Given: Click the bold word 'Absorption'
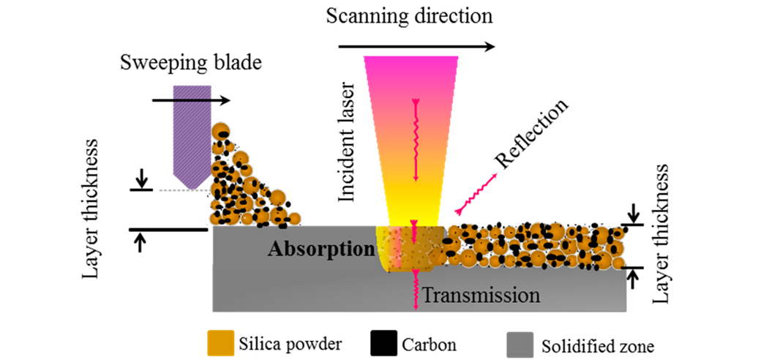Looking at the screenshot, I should (320, 250).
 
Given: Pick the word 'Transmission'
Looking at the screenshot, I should (481, 296).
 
